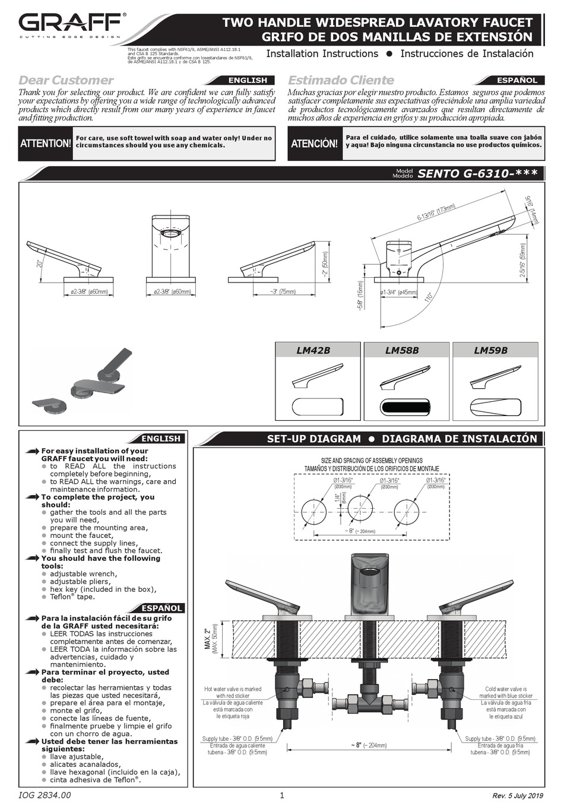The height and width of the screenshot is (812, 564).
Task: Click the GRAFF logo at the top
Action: tap(70, 25)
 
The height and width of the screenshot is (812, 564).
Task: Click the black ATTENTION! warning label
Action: tap(46, 144)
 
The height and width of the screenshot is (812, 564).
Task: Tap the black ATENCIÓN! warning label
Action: tap(315, 144)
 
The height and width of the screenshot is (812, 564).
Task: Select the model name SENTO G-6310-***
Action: tap(477, 174)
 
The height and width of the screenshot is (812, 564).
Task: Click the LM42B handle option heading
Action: tap(313, 350)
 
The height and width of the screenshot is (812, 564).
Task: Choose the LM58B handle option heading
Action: tap(402, 350)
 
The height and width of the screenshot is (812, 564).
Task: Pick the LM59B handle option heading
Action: tap(490, 350)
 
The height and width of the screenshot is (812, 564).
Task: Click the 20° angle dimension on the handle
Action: tap(40, 263)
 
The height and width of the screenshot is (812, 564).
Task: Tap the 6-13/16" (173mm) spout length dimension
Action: tap(436, 211)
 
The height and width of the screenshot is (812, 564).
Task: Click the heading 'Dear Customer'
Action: tap(66, 80)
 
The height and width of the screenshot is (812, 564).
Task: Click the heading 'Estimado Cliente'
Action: tap(341, 80)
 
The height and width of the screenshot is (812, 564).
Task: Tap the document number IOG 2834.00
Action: tap(45, 795)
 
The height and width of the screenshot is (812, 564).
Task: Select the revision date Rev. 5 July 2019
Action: tap(518, 796)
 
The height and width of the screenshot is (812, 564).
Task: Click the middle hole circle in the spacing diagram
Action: tap(360, 509)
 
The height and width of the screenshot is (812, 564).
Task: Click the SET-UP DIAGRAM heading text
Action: tap(313, 439)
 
